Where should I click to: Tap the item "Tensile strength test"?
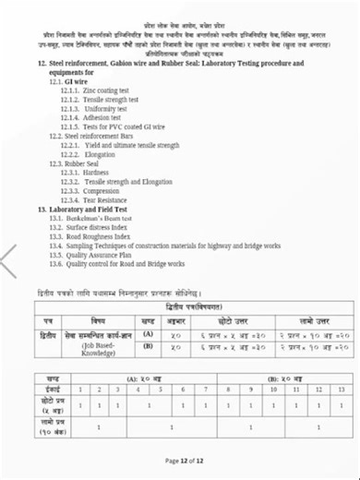(106, 100)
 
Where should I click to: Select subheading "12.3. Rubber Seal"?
(78, 163)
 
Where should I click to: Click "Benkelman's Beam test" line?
(96, 219)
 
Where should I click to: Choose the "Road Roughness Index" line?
(97, 236)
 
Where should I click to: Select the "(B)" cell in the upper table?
(147, 348)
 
